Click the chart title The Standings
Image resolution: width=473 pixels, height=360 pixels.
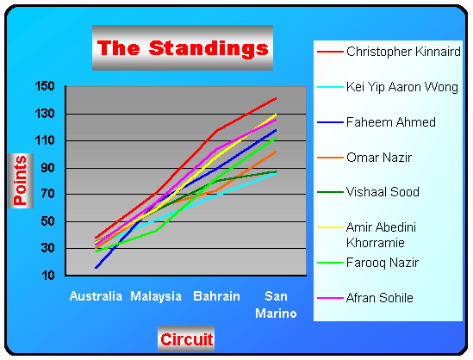tap(183, 48)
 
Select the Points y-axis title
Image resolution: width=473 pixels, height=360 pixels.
tap(21, 180)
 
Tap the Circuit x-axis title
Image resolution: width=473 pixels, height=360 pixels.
tap(186, 339)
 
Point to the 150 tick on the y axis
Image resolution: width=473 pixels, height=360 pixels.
tap(45, 86)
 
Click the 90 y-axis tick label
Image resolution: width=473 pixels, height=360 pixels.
tap(48, 168)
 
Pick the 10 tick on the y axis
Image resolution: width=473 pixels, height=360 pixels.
tap(48, 275)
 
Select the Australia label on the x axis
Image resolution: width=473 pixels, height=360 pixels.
tap(96, 296)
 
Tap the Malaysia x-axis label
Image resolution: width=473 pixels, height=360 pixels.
tap(156, 296)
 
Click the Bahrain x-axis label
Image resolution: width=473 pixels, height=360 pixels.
tap(216, 296)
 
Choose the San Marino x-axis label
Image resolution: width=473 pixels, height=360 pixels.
tap(276, 305)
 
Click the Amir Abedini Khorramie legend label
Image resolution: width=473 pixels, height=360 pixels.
tap(381, 235)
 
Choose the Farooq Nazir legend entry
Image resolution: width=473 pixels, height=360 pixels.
tap(383, 263)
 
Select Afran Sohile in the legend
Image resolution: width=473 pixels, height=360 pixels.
tap(379, 298)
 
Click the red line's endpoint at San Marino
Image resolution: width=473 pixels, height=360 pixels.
tap(276, 98)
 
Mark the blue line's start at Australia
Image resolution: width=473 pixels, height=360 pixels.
tap(96, 268)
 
